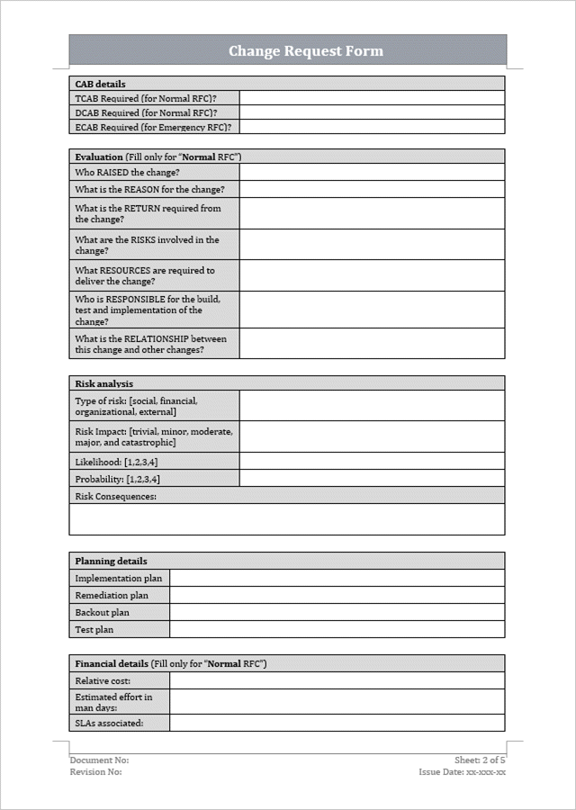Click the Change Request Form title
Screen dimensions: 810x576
[x=305, y=51]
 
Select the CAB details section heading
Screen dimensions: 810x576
[x=100, y=84]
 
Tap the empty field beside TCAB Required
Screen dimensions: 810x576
[x=372, y=98]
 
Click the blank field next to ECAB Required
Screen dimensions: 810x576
[x=372, y=128]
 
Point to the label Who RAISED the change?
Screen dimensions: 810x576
[x=127, y=172]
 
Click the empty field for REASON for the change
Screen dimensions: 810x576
[x=372, y=189]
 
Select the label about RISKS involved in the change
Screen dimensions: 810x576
[x=147, y=245]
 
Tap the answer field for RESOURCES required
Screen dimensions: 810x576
[x=372, y=275]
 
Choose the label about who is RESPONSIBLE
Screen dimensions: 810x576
[x=147, y=310]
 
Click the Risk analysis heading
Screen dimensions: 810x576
[x=103, y=383]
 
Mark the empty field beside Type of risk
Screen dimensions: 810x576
[x=372, y=406]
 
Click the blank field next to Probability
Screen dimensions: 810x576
[x=372, y=479]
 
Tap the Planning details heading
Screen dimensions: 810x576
[x=111, y=561]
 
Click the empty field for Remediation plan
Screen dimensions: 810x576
[x=337, y=596]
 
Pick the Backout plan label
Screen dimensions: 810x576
[x=102, y=613]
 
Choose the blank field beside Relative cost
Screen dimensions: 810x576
[x=337, y=681]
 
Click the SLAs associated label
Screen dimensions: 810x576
[x=109, y=723]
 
